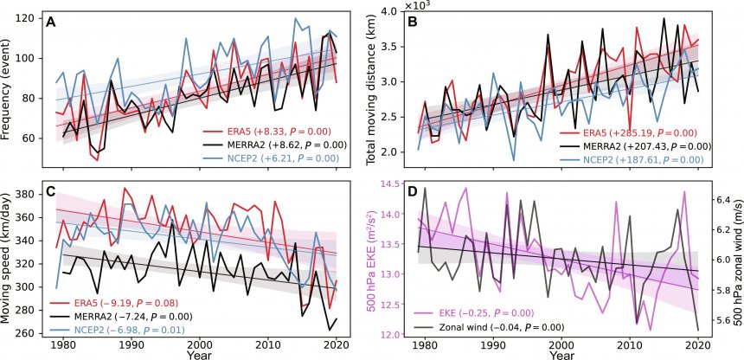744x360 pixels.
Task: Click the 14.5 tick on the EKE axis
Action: (x=399, y=184)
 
